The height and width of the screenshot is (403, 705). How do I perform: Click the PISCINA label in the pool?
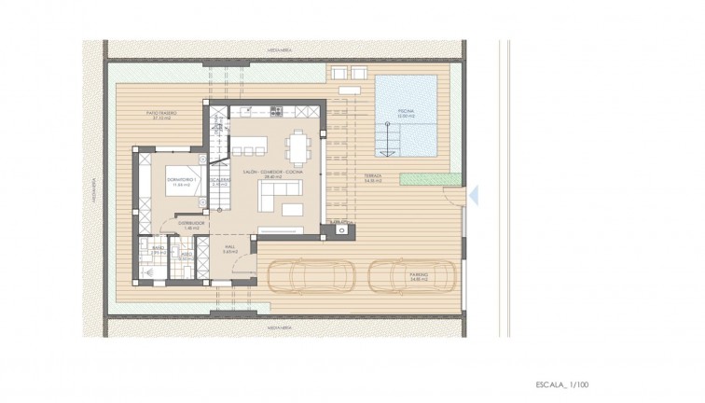pos(406,111)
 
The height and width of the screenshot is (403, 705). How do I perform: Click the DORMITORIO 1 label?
pos(178,178)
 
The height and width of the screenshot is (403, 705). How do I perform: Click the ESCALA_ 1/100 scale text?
pos(562,384)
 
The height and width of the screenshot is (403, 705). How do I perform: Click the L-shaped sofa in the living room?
pos(278,195)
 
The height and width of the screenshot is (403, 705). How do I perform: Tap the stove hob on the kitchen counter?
pos(276,112)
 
